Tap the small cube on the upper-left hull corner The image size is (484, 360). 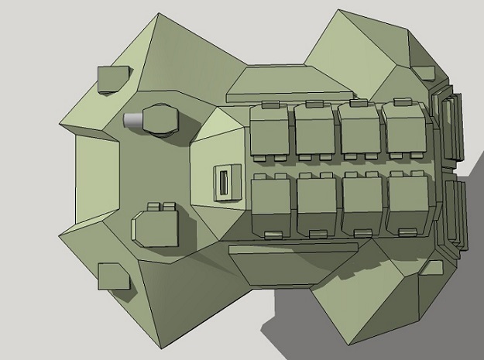pos(113,79)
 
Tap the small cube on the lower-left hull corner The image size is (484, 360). pos(113,276)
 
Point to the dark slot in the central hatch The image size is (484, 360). pos(223,183)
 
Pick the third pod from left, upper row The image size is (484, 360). pos(359,130)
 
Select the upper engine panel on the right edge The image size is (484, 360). pos(451,128)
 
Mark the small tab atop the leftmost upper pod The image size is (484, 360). pos(270,104)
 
